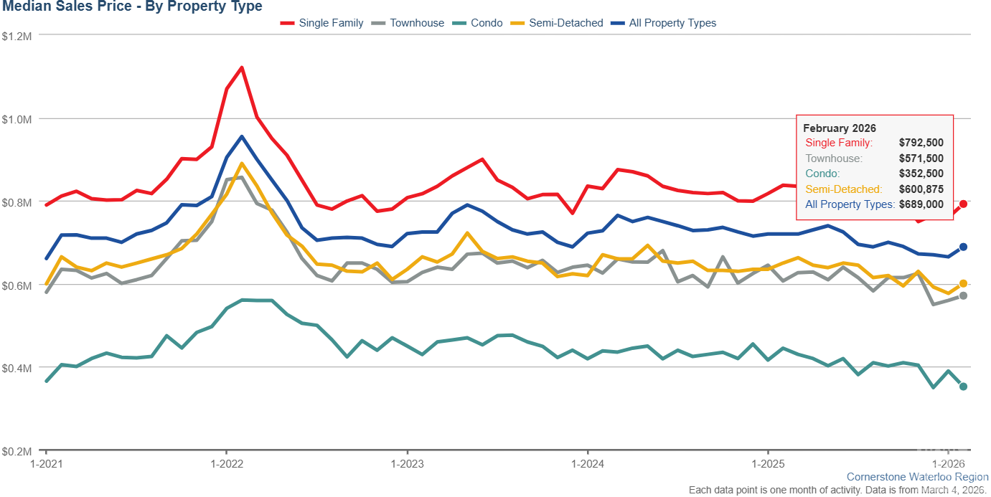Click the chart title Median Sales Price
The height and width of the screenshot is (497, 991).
131,7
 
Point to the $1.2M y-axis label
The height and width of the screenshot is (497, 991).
17,35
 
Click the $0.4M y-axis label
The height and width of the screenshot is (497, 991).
17,368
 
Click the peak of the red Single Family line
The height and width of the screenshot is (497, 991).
241,67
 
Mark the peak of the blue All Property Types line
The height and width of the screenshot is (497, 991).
241,136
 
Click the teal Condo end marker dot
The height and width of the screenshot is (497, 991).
964,387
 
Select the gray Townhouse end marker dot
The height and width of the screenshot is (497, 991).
964,295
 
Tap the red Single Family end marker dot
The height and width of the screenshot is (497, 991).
964,204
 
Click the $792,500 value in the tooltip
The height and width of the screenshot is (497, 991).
921,143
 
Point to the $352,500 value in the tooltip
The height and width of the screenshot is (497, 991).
921,174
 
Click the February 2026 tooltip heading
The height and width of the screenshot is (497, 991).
840,128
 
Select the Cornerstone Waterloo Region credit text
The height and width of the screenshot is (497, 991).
917,477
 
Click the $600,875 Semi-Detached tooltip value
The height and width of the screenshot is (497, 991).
921,189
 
